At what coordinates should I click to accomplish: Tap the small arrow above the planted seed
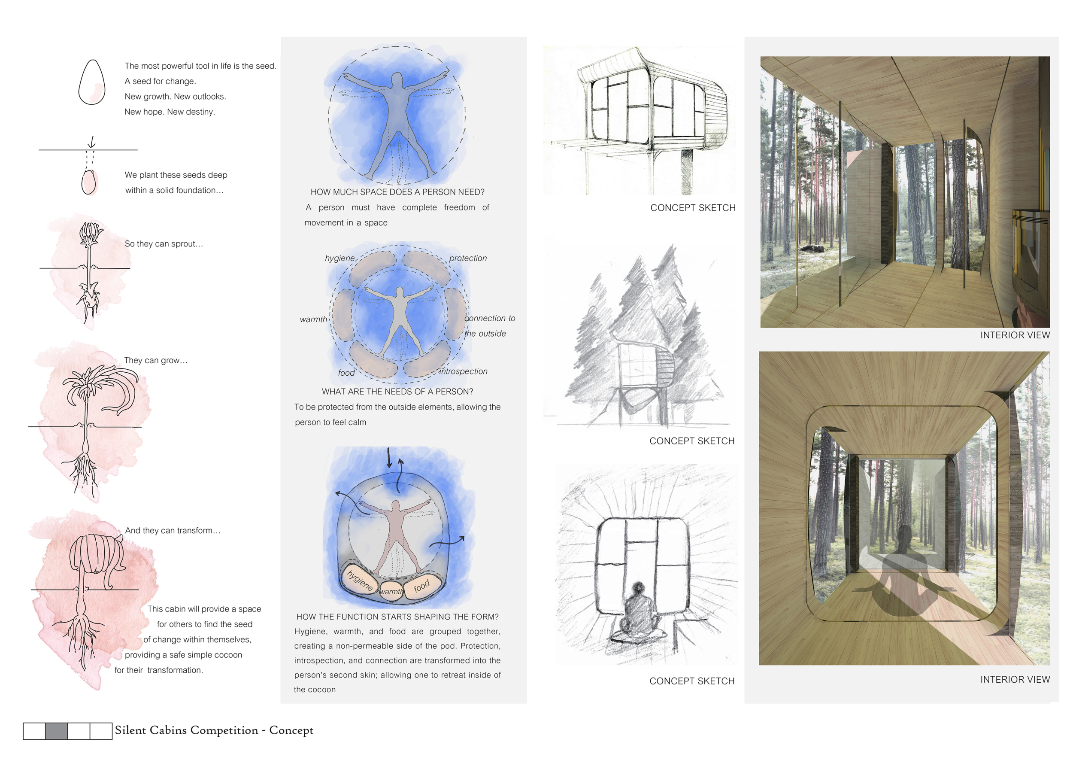tap(92, 142)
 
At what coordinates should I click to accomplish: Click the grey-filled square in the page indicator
tap(56, 731)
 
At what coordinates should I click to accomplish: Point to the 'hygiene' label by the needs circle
tap(340, 258)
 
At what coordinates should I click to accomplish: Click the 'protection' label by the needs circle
tap(468, 258)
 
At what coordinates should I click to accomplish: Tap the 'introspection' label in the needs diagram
tap(463, 371)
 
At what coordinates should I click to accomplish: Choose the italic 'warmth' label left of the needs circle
tap(313, 319)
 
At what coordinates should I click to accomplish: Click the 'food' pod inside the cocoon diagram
tap(422, 585)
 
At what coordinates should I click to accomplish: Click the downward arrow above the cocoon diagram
tap(389, 458)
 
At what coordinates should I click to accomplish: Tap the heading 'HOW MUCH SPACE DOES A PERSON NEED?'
tap(397, 192)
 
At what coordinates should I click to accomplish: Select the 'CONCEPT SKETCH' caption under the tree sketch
tap(691, 441)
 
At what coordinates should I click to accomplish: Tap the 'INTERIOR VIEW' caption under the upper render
tap(1015, 335)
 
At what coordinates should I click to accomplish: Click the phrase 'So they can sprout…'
tap(164, 244)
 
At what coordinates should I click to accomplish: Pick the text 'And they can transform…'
tap(173, 531)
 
